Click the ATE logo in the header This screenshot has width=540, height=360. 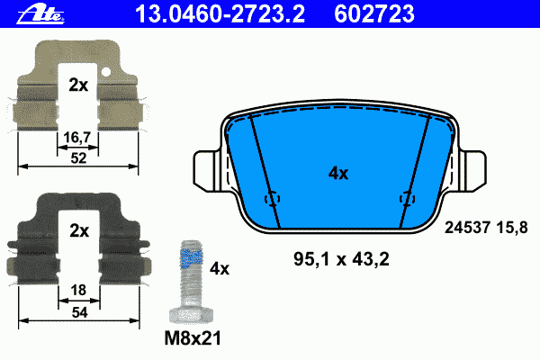coord(40,15)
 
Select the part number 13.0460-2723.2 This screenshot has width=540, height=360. coord(220,14)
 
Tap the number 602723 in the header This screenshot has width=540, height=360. coord(374,14)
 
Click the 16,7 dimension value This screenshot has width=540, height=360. coord(77,138)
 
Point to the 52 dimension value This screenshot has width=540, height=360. coord(78,158)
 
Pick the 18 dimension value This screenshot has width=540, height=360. coord(78,291)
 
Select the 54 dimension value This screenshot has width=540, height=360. coord(79,312)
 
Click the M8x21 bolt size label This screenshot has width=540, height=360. coord(193,338)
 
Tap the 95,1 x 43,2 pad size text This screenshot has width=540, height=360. coord(341,259)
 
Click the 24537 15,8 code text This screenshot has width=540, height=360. coord(486,228)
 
